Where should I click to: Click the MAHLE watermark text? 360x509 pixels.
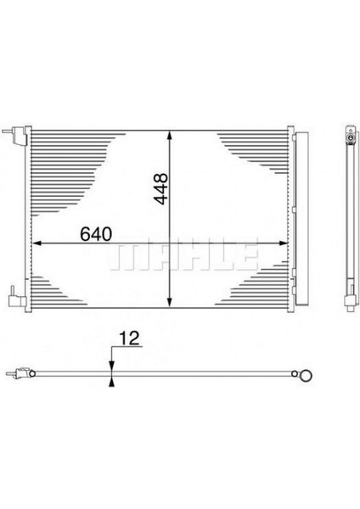tap(186, 254)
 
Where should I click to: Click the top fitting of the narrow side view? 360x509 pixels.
tap(350, 133)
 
